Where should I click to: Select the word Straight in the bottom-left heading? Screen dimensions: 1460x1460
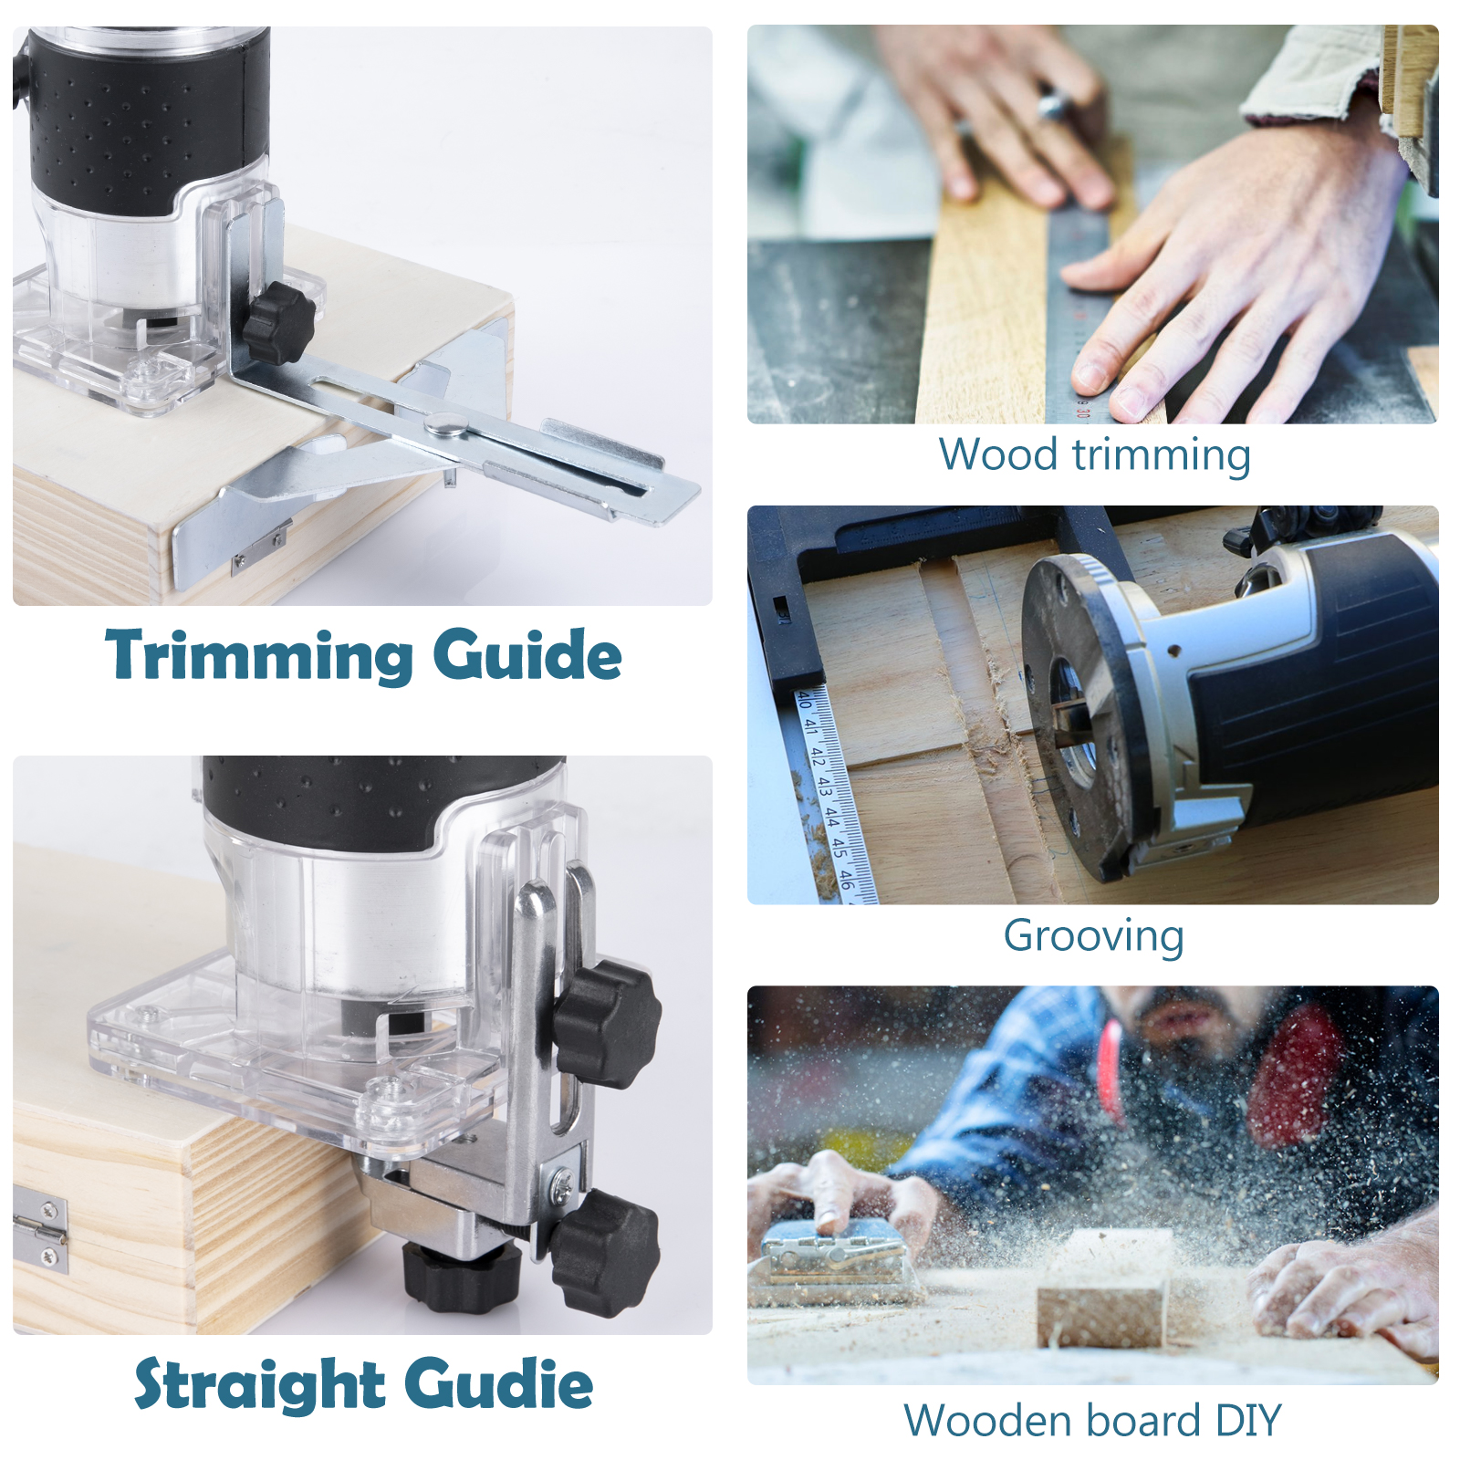[x=260, y=1384]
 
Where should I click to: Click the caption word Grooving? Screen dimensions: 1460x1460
[x=1093, y=936]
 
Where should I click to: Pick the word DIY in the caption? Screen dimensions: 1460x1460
[x=1247, y=1420]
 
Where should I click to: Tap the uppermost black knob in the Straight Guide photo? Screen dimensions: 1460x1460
[x=607, y=1022]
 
